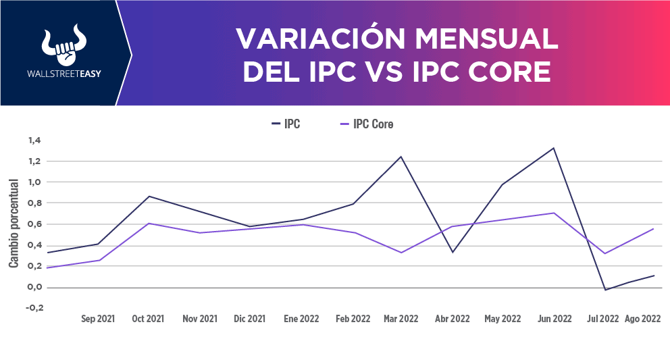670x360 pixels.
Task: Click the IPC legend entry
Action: [286, 124]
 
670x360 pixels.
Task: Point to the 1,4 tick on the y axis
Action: [35, 140]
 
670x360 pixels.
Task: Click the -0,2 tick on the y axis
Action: [35, 308]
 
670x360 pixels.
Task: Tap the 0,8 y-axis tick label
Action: [35, 203]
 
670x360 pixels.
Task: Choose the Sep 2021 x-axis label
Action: [98, 319]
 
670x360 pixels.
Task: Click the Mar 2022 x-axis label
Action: [401, 319]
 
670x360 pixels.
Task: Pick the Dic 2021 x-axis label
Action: [250, 319]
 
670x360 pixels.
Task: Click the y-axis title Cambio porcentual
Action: [14, 223]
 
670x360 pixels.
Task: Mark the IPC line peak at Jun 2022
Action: [554, 148]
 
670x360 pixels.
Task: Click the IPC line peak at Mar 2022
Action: [401, 157]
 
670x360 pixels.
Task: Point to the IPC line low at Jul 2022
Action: [605, 290]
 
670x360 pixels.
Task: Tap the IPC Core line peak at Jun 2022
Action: [554, 213]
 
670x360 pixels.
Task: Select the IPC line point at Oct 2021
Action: [148, 197]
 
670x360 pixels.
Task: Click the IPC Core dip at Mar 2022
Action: [401, 253]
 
